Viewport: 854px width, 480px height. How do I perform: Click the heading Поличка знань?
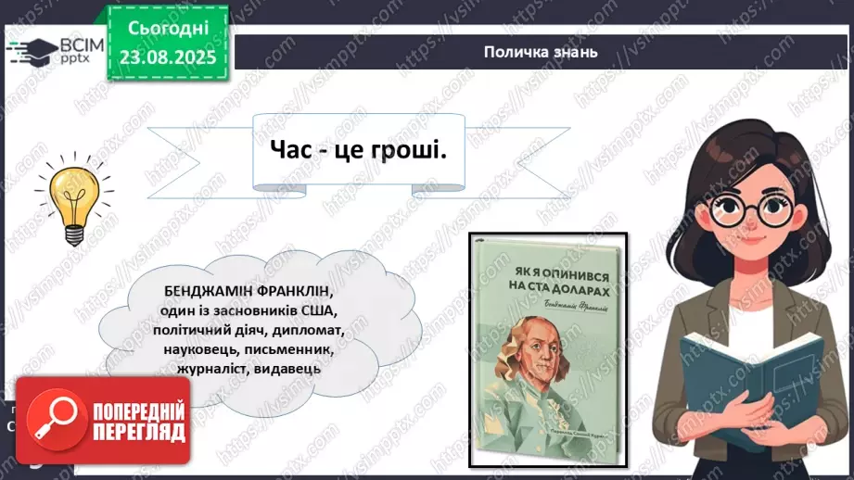pos(540,52)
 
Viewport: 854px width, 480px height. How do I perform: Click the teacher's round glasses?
pos(743,209)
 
